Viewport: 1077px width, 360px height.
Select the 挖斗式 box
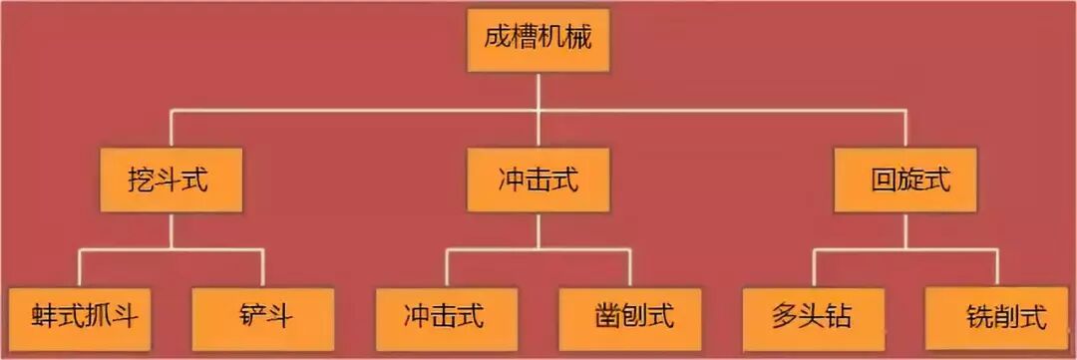[x=172, y=180]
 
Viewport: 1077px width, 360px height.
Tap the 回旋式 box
[x=904, y=180]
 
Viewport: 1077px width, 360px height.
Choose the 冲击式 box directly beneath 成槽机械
[x=538, y=180]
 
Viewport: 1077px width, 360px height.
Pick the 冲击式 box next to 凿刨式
[x=446, y=318]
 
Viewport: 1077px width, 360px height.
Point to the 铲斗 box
[x=263, y=318]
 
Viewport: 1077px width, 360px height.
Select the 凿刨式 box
[x=629, y=318]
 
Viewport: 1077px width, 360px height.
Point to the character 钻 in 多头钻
[x=840, y=318]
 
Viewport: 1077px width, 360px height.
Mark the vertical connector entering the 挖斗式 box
[x=172, y=130]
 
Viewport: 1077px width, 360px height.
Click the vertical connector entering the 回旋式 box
[x=904, y=130]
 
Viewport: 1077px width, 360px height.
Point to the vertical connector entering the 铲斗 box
[x=263, y=267]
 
